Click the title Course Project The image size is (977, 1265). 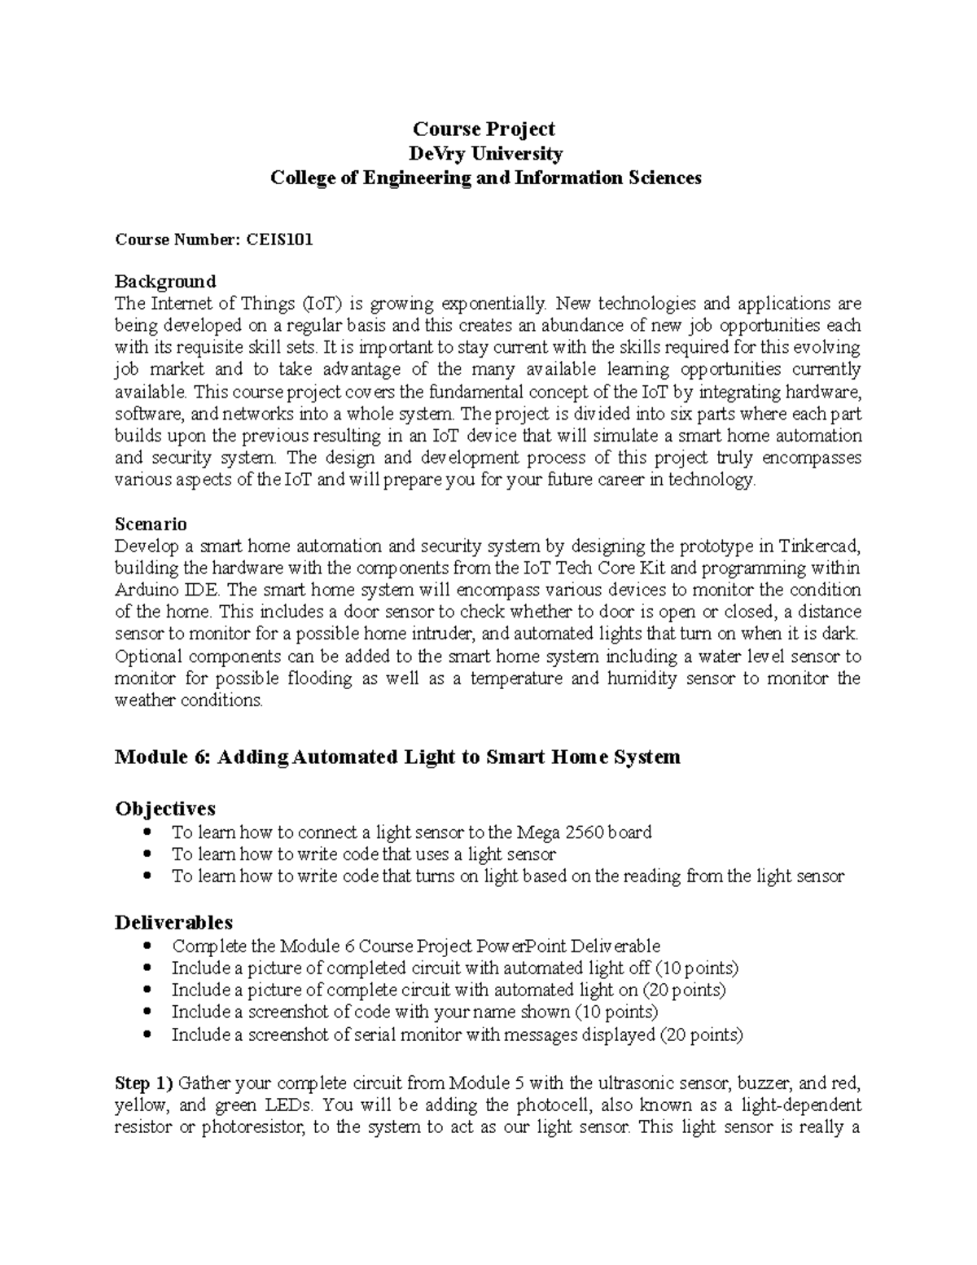click(484, 129)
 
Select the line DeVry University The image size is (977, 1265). click(484, 153)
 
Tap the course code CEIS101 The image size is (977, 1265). click(280, 239)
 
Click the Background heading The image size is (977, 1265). click(165, 281)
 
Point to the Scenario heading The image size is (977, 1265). click(151, 523)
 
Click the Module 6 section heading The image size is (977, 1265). click(397, 757)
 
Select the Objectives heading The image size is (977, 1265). click(165, 808)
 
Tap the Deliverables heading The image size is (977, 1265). click(173, 922)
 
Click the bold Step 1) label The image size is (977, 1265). click(144, 1083)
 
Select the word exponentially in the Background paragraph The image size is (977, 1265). click(493, 304)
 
